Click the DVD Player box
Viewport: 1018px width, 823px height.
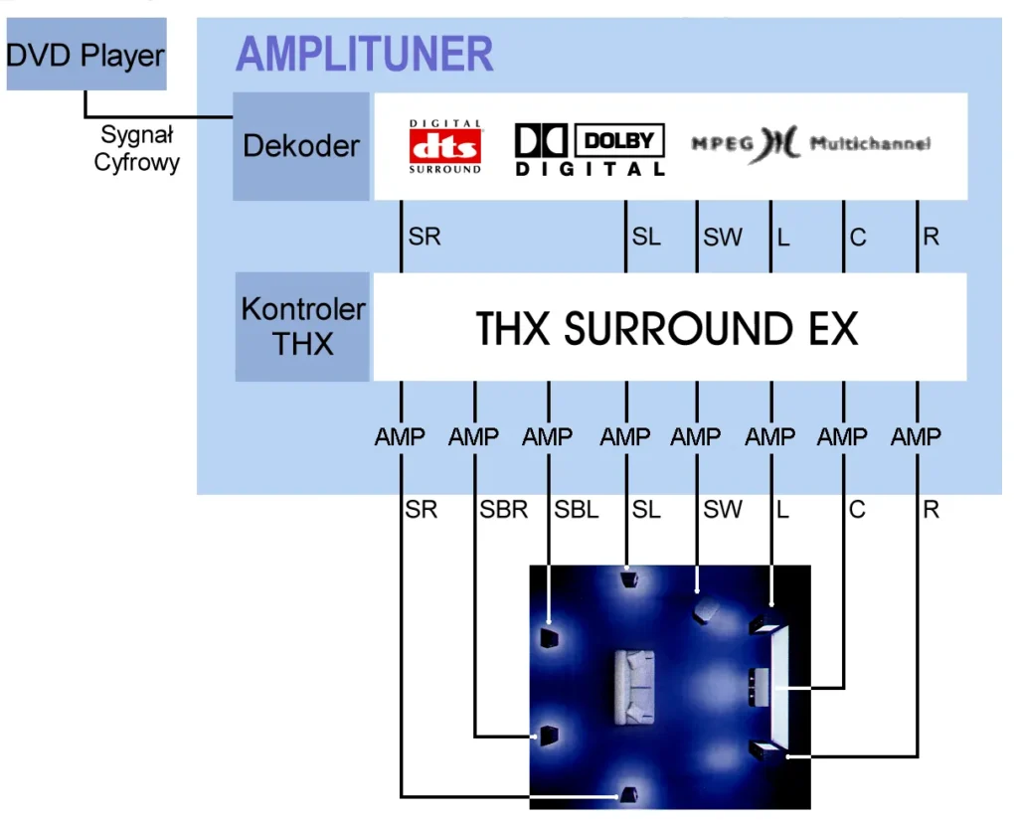coord(86,54)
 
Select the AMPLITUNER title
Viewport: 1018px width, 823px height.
coord(364,54)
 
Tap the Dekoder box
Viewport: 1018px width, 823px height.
coord(301,146)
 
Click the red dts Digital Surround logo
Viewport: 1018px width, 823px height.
coord(444,147)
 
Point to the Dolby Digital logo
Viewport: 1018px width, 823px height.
coord(590,150)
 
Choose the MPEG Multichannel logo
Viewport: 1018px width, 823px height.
coord(811,143)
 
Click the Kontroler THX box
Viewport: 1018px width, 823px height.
coord(302,326)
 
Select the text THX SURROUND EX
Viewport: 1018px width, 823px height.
coord(667,328)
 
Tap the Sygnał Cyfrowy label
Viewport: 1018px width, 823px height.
coord(136,148)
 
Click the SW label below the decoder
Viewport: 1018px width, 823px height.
coord(723,237)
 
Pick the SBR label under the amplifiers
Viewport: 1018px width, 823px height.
coord(503,510)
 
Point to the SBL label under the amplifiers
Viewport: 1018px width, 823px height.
coord(576,510)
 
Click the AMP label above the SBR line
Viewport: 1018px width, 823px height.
coord(473,436)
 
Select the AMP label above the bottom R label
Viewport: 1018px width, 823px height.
coord(916,436)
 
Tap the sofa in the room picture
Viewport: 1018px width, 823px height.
coord(633,688)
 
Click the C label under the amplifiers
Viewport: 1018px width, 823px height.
coord(857,510)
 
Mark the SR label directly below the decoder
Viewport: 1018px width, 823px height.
coord(424,237)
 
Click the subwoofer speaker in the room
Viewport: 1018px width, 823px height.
coord(705,611)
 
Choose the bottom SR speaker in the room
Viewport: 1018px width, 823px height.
coord(628,794)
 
